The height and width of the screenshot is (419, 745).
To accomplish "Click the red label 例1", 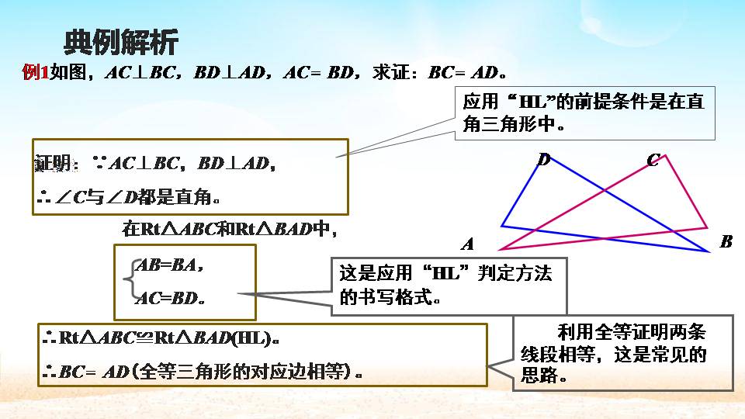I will click(x=36, y=73).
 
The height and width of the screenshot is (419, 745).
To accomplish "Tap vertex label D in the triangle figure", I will click(x=544, y=160).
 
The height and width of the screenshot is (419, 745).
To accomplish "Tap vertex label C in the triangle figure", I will click(x=653, y=161).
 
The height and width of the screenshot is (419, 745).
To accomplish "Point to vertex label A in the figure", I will click(x=468, y=244).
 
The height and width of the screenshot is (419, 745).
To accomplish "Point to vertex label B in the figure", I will click(x=726, y=241).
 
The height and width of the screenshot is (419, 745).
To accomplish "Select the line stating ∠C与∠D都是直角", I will click(x=128, y=197).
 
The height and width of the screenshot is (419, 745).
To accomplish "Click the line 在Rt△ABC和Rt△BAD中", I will click(x=229, y=230).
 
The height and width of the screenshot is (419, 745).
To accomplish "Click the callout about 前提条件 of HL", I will click(x=584, y=113).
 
